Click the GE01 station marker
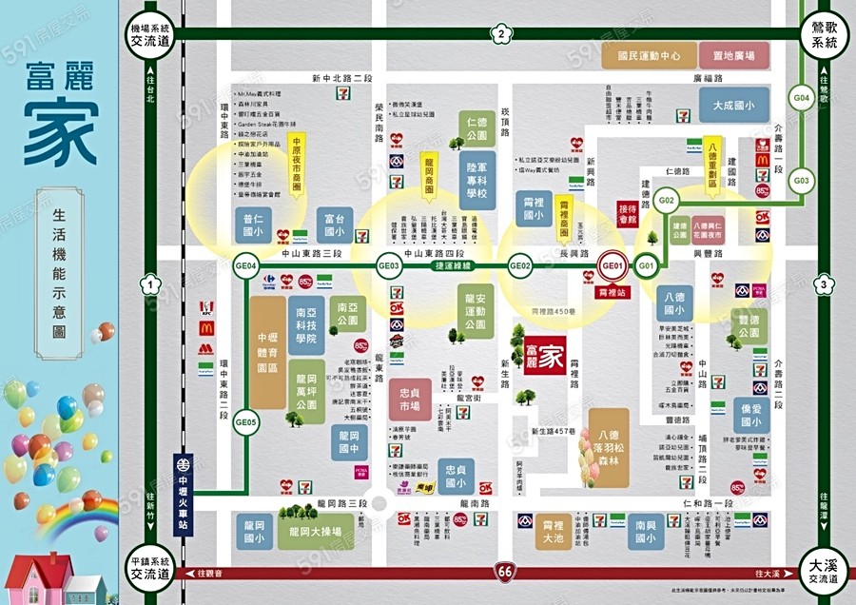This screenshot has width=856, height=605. [613, 266]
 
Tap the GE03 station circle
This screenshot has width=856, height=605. [389, 266]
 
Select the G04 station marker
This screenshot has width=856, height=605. [802, 98]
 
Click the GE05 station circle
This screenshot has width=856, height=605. [245, 422]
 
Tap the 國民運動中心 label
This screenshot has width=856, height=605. [649, 56]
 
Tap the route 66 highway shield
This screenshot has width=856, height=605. [503, 572]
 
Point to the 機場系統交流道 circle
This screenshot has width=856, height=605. [150, 36]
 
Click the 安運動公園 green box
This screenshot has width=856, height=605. [468, 311]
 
